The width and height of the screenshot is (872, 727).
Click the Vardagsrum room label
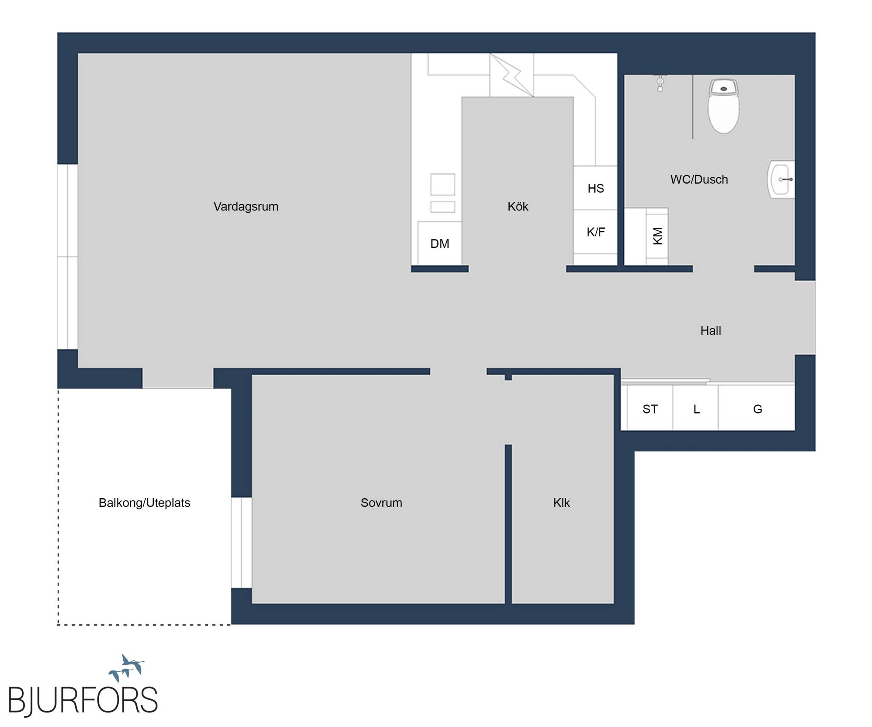[246, 207]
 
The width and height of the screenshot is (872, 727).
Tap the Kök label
[518, 207]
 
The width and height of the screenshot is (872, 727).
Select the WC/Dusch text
[699, 179]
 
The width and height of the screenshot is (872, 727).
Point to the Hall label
[711, 330]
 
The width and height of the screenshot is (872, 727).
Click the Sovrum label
[381, 503]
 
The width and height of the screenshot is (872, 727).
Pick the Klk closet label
[561, 503]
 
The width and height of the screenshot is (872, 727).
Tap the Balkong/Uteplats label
[144, 503]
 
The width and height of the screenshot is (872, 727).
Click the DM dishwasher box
[439, 243]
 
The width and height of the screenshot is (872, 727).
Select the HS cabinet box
[595, 188]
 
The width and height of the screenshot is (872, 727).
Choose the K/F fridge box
[595, 232]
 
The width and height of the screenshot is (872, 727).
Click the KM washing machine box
[657, 236]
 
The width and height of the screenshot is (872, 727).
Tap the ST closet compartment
[650, 409]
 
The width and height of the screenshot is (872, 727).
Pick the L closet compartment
[696, 409]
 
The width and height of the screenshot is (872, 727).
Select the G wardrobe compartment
[757, 409]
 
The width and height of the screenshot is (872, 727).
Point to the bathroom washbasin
[781, 179]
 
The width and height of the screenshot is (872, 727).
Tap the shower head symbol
[660, 83]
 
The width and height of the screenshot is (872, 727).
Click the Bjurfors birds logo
[126, 668]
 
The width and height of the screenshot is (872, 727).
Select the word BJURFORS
[83, 700]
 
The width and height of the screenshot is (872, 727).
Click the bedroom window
[241, 543]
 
